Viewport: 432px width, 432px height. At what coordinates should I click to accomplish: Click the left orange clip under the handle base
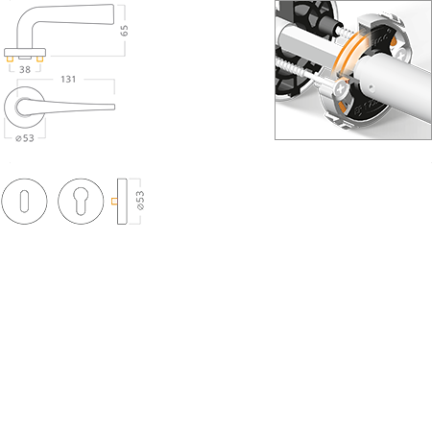tap(12, 60)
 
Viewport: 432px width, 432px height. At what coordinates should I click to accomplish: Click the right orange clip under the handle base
tap(41, 60)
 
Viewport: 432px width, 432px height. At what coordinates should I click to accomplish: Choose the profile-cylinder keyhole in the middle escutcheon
tap(81, 202)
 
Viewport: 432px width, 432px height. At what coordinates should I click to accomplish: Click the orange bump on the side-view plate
tap(114, 202)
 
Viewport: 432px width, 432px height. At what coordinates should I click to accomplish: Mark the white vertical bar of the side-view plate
tap(124, 202)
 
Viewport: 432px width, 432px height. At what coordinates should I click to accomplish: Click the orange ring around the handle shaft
tap(347, 63)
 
